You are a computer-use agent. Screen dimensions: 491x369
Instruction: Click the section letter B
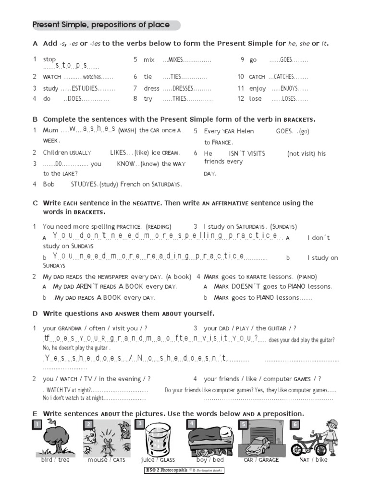[x=35, y=119]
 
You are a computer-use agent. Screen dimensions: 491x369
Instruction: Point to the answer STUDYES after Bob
[x=84, y=184]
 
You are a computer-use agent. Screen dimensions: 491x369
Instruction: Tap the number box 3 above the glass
[x=139, y=423]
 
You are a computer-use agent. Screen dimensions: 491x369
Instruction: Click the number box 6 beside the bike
[x=295, y=424]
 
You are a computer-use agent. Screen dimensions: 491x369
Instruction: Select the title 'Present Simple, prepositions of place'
[x=100, y=25]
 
